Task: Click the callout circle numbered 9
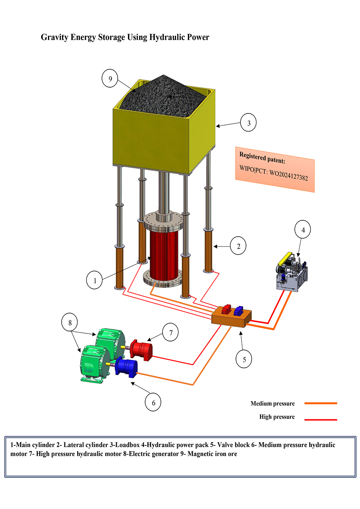pyautogui.click(x=110, y=78)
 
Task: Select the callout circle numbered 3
pyautogui.click(x=249, y=123)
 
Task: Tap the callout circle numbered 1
pyautogui.click(x=95, y=281)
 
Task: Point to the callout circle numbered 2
pyautogui.click(x=239, y=246)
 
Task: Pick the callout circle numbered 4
pyautogui.click(x=303, y=230)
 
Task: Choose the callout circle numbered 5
pyautogui.click(x=244, y=359)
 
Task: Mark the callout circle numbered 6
pyautogui.click(x=153, y=403)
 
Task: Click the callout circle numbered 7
pyautogui.click(x=170, y=333)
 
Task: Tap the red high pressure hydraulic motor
pyautogui.click(x=142, y=349)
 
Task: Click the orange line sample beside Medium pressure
pyautogui.click(x=320, y=403)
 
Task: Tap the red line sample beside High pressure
pyautogui.click(x=320, y=419)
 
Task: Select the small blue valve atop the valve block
pyautogui.click(x=239, y=309)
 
